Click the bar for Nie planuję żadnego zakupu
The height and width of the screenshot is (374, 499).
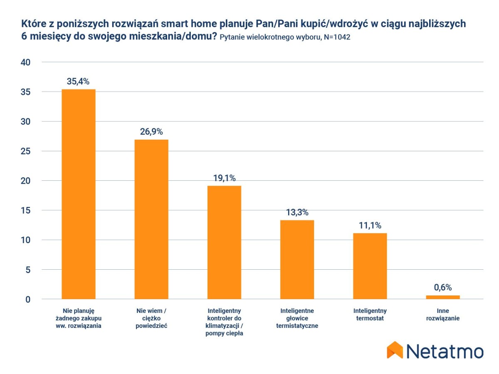[x=79, y=194]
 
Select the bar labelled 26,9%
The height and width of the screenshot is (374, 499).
[x=151, y=219]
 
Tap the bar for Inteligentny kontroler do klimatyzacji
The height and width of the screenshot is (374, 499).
[x=224, y=242]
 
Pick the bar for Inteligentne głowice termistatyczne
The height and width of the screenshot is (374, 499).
[x=297, y=259]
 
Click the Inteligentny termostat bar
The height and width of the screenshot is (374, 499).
[x=370, y=266]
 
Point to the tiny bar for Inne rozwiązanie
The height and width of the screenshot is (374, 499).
[x=443, y=297]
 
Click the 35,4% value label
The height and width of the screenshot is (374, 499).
[x=78, y=81]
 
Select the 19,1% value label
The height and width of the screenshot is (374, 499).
[x=224, y=178]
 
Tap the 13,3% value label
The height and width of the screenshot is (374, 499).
[x=297, y=212]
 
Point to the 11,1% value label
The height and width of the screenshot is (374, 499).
[x=370, y=225]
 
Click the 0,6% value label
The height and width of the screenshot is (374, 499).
[x=443, y=287]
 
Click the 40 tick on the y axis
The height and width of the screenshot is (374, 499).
[x=25, y=62]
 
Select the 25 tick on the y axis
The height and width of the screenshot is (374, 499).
[x=25, y=151]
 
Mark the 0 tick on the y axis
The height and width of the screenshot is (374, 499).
[x=28, y=299]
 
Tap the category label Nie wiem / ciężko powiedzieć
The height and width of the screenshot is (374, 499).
[x=151, y=318]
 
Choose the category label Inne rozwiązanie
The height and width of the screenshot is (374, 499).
[x=443, y=315]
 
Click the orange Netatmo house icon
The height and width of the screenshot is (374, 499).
[x=395, y=350]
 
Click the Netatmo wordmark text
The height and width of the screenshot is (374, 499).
[x=445, y=351]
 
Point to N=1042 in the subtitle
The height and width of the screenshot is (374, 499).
[x=336, y=37]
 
